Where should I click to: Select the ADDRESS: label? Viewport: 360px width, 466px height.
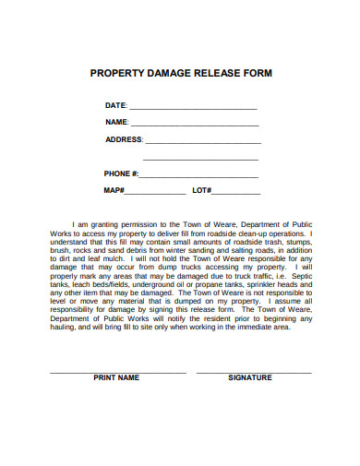click(x=125, y=140)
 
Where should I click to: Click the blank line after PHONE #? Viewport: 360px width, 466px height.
click(x=199, y=174)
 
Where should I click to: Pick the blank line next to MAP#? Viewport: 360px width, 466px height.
click(x=154, y=192)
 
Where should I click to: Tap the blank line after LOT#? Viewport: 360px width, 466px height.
click(x=237, y=192)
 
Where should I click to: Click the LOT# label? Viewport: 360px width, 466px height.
click(x=202, y=191)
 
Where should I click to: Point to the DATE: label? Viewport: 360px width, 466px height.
click(x=116, y=106)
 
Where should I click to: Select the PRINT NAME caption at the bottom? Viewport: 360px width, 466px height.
click(x=116, y=378)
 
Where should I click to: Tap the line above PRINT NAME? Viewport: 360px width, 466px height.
click(x=116, y=371)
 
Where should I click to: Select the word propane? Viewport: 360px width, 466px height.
click(x=205, y=284)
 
